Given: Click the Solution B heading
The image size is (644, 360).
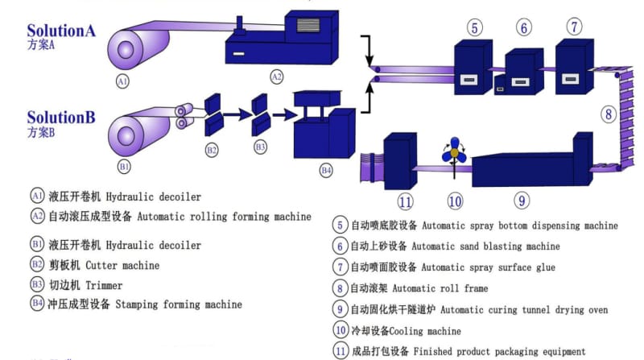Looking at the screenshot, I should pos(61,118).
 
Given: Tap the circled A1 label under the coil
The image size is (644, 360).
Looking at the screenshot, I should pos(122,81).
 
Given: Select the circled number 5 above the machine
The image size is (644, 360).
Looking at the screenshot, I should pos(476,27).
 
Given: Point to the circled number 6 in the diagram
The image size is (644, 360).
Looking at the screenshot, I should pos(525,27).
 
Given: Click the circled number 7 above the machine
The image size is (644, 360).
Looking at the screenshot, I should pos(574,27).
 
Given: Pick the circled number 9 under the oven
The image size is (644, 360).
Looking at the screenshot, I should pos(522,200).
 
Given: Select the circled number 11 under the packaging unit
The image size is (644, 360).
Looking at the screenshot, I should pos(406,201).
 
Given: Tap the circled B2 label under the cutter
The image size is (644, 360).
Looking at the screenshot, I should pos(212,149).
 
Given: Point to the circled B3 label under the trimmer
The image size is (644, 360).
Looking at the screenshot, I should pos(260,148).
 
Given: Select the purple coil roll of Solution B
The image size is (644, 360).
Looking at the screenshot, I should pos(130,133).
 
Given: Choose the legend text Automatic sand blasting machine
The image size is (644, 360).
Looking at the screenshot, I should pos(490,246).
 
